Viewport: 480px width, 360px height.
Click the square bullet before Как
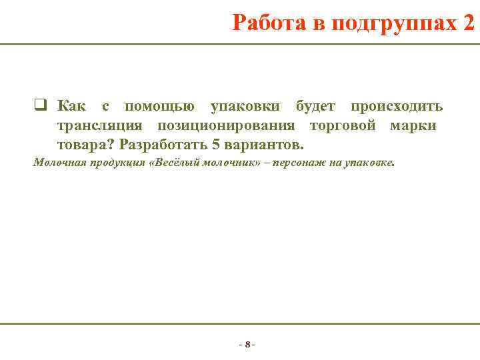(x=39, y=106)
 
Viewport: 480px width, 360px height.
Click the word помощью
(x=160, y=107)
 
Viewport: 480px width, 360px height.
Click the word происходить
(x=397, y=107)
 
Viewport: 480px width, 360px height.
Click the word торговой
(x=343, y=125)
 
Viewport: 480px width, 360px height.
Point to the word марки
(x=414, y=125)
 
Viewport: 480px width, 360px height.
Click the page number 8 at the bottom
(x=247, y=345)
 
